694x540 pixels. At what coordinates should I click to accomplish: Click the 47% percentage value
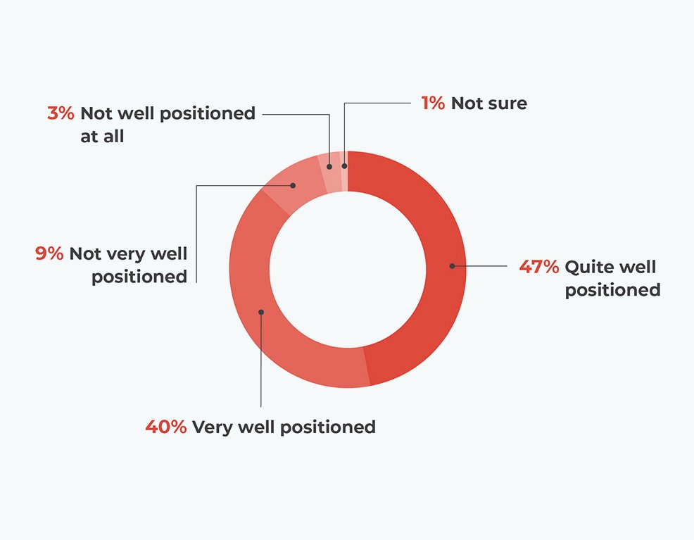538,267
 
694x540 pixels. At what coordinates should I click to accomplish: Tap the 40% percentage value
166,427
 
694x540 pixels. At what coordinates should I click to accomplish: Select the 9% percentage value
49,253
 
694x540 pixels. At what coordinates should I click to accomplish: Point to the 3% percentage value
61,113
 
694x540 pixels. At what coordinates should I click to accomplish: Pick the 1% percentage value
433,103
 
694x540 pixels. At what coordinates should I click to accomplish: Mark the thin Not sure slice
344,171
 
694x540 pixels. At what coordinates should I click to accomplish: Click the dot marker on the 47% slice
452,266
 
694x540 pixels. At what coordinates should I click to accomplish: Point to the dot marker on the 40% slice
261,312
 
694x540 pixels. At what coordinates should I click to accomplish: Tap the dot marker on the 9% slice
293,185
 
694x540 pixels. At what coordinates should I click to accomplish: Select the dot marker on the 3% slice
329,167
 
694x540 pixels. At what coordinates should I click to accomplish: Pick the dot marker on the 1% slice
345,166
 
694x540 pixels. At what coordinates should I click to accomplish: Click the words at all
102,137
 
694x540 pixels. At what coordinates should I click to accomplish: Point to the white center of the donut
348,270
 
